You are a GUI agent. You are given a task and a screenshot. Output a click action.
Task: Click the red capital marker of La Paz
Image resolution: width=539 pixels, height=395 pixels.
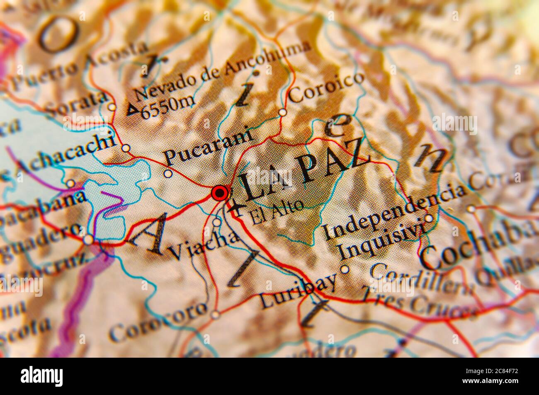pos(219,193)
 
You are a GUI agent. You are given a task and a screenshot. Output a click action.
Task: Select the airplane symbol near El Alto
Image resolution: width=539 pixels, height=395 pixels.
pos(237,207)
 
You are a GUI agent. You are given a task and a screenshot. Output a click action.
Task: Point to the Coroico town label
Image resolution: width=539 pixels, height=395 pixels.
pos(327,87)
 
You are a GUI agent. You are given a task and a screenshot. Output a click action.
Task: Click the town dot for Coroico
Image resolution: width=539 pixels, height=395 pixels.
pos(282,112)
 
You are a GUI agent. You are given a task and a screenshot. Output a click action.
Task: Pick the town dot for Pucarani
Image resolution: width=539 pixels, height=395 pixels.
pos(168,174)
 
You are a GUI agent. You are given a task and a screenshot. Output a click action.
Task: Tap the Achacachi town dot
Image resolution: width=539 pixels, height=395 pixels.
pos(126,148)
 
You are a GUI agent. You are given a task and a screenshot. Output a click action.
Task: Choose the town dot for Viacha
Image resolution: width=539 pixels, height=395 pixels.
pos(217,223)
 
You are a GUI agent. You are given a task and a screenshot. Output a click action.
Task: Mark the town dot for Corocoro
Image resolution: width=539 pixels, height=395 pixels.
pos(215,315)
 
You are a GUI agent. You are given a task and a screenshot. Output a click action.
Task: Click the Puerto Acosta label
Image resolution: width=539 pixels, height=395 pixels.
pos(78,67)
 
